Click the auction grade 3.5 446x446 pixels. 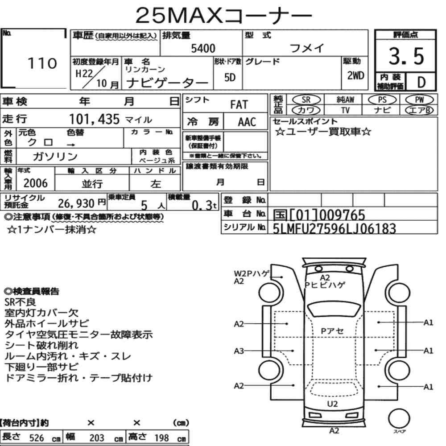[x=406, y=56]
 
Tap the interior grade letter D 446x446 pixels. [x=421, y=83]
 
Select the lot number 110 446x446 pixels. [x=42, y=63]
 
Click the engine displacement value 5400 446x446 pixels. [x=203, y=48]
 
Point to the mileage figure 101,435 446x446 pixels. [x=95, y=119]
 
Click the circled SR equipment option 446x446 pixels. [x=306, y=100]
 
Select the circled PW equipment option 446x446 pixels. [x=419, y=100]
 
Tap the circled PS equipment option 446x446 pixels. [x=382, y=100]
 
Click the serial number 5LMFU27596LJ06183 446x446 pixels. [x=334, y=228]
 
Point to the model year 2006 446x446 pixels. [x=36, y=183]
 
